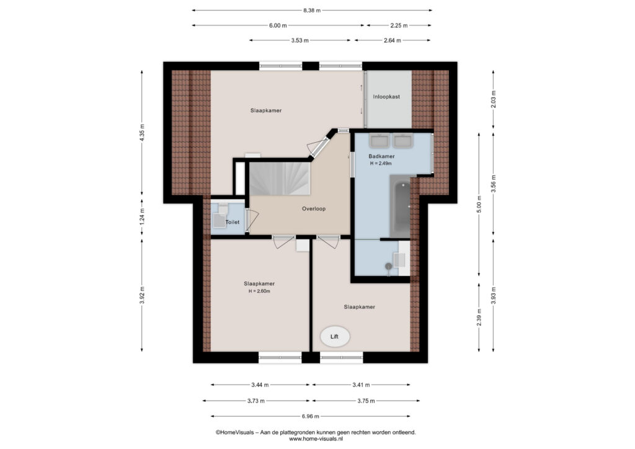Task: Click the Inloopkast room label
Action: point(386,97)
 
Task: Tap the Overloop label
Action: point(314,209)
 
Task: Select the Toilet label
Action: point(233,222)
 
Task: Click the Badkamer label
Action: point(381,156)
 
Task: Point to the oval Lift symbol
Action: point(335,337)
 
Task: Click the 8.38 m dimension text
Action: point(312,11)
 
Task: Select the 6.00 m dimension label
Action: point(278,25)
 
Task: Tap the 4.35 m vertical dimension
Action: point(142,132)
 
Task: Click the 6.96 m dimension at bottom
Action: point(310,416)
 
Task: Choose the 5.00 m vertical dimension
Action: point(479,205)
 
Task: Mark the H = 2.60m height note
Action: point(259,291)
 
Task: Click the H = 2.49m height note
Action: point(381,164)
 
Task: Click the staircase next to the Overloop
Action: point(280,179)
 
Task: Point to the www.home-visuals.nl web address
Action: point(316,438)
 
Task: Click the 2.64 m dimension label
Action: point(393,40)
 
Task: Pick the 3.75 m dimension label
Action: point(366,401)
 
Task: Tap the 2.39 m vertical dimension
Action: point(479,318)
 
